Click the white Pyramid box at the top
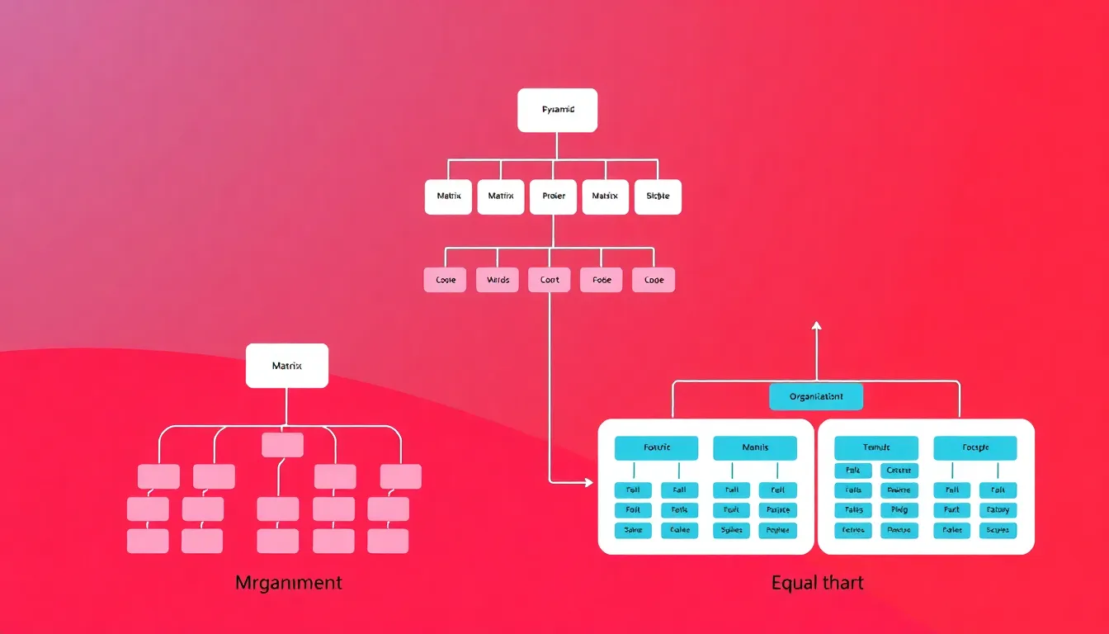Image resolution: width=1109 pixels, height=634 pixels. (x=557, y=110)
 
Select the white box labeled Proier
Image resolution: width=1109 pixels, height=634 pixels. (x=553, y=196)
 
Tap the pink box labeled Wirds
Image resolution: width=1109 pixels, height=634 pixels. (x=498, y=280)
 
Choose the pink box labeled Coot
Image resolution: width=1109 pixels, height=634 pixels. (x=550, y=280)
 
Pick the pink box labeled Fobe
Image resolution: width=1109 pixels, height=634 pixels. (x=602, y=280)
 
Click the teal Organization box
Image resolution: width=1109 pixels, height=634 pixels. (x=816, y=396)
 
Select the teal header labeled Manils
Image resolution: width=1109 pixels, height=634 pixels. (x=755, y=447)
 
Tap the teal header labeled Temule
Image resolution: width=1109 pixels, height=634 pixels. (x=876, y=447)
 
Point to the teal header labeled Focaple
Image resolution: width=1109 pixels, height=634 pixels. (x=975, y=447)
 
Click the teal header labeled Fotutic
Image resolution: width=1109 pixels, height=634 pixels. (x=657, y=447)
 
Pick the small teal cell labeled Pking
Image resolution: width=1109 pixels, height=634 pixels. (x=899, y=510)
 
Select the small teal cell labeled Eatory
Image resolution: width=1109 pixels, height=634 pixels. (x=998, y=510)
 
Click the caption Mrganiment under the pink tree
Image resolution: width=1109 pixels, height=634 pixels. (x=288, y=583)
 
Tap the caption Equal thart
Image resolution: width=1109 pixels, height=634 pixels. (x=818, y=583)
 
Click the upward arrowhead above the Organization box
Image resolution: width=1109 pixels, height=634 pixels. (x=817, y=326)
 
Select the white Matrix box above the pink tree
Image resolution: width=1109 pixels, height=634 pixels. (x=287, y=365)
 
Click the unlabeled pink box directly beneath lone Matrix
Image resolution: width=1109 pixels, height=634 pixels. (x=282, y=445)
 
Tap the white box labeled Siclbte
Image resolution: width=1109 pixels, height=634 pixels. (x=658, y=196)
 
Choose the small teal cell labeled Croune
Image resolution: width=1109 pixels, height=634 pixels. (x=899, y=471)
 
